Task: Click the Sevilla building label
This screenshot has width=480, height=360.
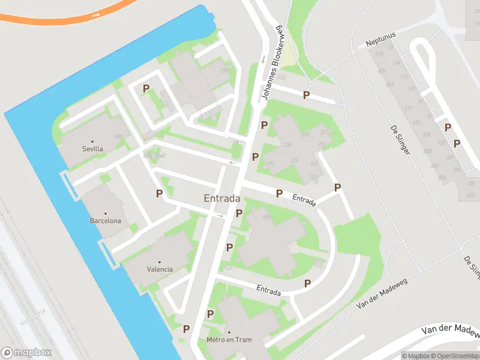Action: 92,149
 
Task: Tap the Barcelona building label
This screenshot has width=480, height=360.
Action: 106,221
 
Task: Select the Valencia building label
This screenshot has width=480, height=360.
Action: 160,269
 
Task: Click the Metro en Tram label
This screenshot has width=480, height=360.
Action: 229,340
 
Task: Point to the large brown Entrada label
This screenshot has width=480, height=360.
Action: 222,199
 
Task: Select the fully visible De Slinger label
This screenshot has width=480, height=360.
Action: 400,139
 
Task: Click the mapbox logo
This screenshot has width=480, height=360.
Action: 26,353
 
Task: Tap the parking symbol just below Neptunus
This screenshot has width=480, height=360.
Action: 306,95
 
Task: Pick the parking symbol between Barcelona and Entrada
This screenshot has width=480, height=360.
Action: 159,193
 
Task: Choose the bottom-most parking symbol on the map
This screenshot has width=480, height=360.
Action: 186,329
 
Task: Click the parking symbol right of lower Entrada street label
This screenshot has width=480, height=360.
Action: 307,283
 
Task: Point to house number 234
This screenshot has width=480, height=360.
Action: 286,145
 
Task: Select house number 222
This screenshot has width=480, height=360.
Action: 313,176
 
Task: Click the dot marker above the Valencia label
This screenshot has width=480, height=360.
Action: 160,262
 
